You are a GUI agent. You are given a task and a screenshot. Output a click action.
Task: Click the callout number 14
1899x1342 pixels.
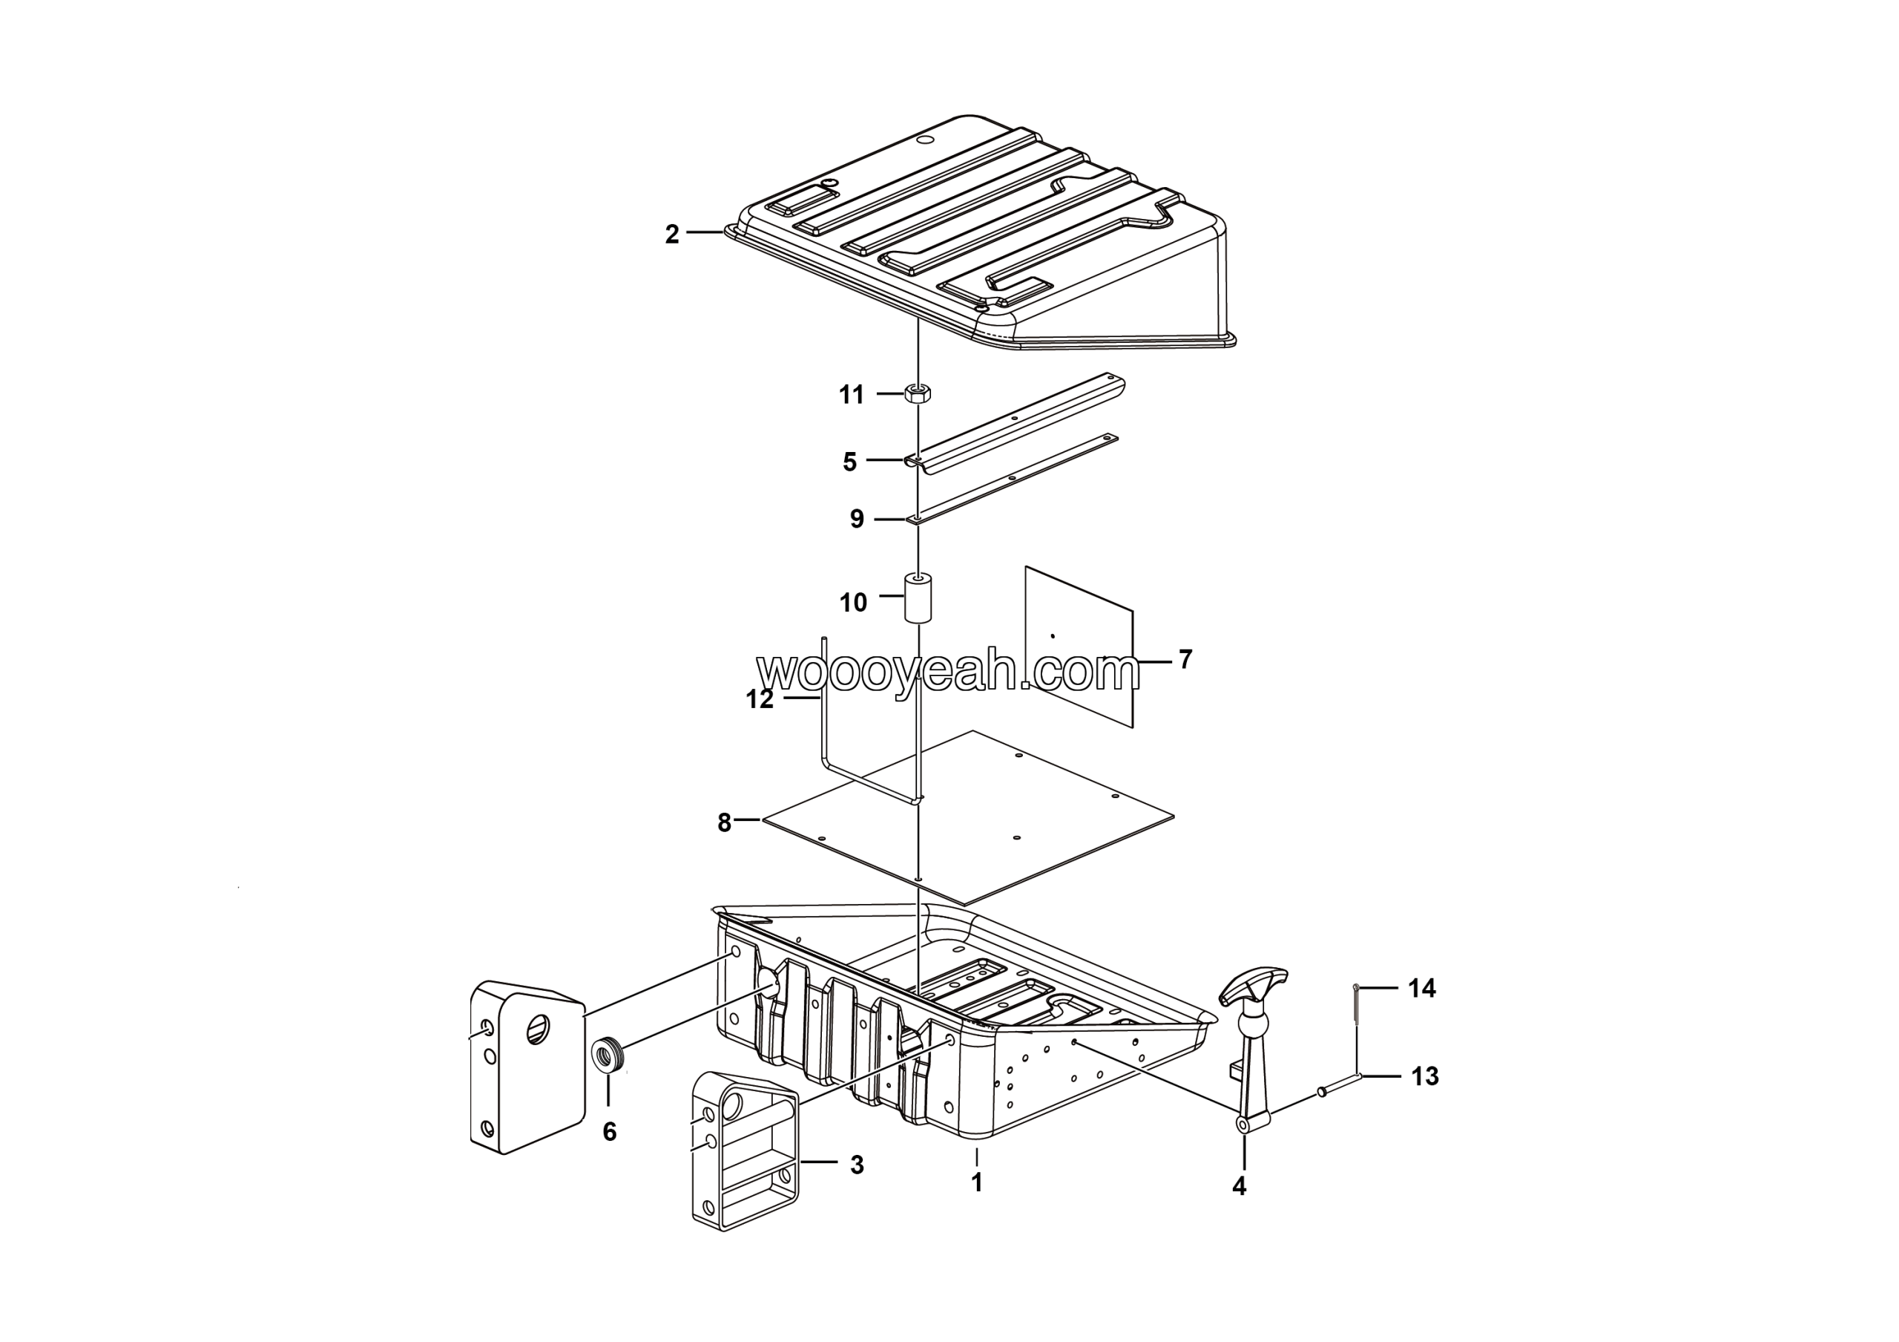tap(1423, 988)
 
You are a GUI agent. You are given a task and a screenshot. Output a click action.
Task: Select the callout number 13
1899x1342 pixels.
tap(1425, 1076)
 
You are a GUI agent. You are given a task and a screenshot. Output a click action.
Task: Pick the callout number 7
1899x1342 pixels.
tap(1185, 659)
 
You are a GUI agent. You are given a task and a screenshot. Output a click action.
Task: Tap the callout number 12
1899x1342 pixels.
tap(760, 699)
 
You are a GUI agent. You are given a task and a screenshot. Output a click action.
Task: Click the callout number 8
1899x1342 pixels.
tap(725, 823)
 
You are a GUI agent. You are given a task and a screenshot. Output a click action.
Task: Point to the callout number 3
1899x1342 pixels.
tap(857, 1165)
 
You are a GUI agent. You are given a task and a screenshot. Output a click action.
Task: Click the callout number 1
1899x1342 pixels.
tap(977, 1183)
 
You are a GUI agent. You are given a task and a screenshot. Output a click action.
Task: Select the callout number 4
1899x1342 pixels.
tap(1239, 1186)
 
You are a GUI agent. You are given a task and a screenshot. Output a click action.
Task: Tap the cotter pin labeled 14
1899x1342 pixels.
tap(1357, 1002)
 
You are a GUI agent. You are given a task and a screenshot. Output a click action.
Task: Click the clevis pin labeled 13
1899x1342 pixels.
tap(1339, 1084)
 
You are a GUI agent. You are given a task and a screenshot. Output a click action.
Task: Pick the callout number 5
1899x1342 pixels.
tap(849, 462)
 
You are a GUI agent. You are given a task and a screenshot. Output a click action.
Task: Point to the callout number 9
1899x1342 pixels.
tap(857, 519)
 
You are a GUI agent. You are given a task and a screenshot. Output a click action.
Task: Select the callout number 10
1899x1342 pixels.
tap(854, 602)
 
